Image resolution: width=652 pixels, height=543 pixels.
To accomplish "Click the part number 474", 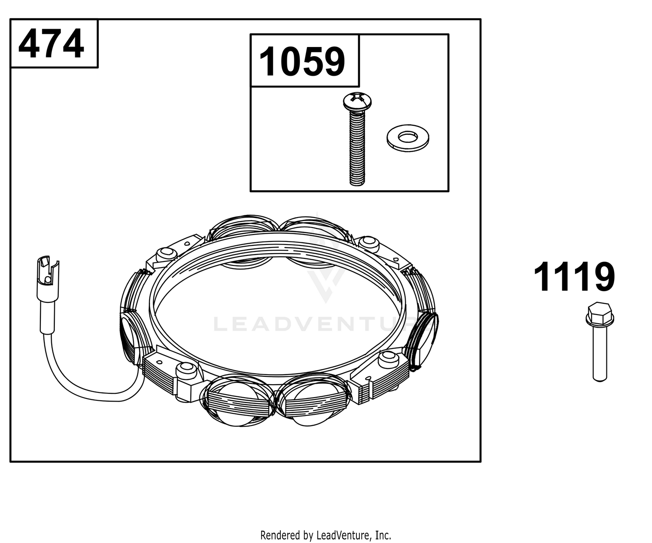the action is tap(51, 44).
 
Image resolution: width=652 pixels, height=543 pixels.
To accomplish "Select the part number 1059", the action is tap(302, 61).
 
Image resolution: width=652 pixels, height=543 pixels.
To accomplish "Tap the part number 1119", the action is tap(574, 277).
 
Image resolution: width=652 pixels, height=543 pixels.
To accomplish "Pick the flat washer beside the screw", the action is tap(408, 138).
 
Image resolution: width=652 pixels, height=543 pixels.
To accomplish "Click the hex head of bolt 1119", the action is tap(599, 314).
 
